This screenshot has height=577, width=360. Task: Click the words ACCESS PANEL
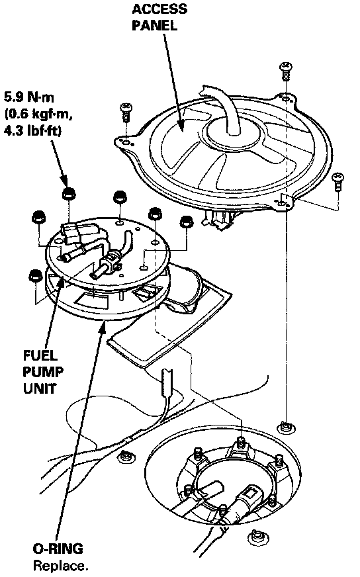click(159, 17)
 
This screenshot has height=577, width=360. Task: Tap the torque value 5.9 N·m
click(29, 97)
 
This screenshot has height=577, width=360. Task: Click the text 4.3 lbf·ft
click(32, 131)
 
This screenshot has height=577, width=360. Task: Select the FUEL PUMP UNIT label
click(43, 372)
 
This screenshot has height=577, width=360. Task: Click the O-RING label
click(58, 549)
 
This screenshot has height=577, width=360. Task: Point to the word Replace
click(61, 565)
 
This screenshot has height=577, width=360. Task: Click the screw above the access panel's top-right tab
click(285, 71)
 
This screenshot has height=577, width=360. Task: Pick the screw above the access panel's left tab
click(126, 112)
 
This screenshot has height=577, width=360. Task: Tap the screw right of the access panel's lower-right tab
click(337, 181)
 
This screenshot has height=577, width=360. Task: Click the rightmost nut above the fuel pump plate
click(186, 222)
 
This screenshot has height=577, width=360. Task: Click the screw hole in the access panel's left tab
click(126, 142)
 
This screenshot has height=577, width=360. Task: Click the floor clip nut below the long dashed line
click(285, 427)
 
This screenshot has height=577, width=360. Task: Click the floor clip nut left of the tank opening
click(126, 457)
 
